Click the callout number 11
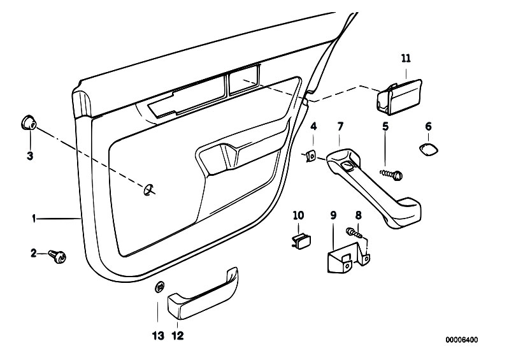pyautogui.click(x=406, y=58)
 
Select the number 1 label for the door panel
pyautogui.click(x=34, y=219)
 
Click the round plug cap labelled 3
pyautogui.click(x=28, y=122)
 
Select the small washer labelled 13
pyautogui.click(x=159, y=286)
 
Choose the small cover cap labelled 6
pyautogui.click(x=428, y=149)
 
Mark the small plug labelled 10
pyautogui.click(x=298, y=240)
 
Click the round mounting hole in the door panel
pyautogui.click(x=150, y=187)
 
